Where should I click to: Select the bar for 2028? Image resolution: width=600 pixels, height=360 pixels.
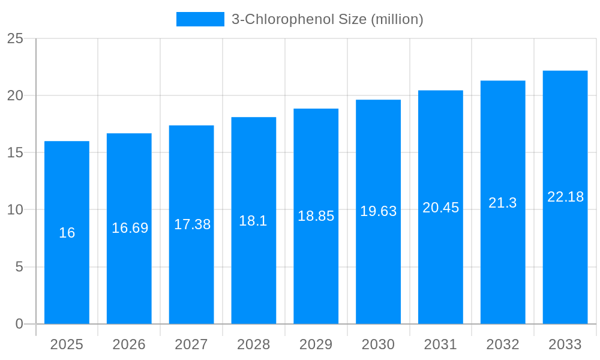coord(253,270)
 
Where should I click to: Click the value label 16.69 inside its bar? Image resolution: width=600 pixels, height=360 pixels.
coord(130,228)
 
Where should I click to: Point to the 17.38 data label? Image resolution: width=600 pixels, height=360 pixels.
coord(192,224)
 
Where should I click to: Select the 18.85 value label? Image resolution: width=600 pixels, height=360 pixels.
coord(316,216)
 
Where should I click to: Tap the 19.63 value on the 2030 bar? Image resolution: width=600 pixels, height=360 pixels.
coord(378,211)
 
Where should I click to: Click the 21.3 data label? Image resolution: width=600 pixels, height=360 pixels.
coord(502,203)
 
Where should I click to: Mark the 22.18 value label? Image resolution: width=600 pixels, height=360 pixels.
coord(565,197)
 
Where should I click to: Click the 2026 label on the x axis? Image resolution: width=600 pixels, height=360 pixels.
coord(129,344)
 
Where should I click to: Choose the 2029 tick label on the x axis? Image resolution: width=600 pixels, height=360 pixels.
coord(316,344)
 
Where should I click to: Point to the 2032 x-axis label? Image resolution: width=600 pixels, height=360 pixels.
coord(502,344)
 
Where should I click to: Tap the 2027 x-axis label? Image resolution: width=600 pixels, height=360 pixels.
coord(191,344)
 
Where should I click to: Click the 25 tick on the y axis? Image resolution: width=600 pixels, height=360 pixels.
coord(15,38)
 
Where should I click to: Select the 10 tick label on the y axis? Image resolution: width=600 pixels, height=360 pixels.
coord(15,210)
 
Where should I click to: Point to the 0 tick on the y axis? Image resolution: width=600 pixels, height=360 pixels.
coord(19,324)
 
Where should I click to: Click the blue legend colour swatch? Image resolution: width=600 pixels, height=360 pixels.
coord(200,19)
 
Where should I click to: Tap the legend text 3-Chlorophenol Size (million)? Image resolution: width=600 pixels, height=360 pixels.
coord(327,19)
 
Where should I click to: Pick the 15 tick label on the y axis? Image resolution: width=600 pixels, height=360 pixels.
coord(15,153)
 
